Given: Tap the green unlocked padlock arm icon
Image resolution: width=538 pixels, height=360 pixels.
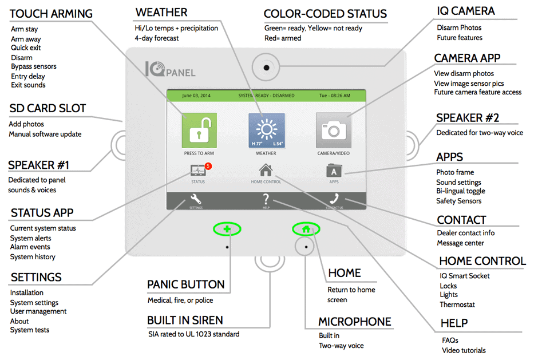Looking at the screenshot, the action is [x=199, y=130].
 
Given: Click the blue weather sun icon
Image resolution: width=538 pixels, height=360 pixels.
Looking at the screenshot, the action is [x=267, y=130].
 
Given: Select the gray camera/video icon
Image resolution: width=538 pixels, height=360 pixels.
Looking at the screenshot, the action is [x=334, y=130].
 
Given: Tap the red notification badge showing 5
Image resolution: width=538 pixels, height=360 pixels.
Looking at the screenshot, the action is [x=208, y=166].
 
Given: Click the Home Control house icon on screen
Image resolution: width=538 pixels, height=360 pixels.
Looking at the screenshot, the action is [x=266, y=171].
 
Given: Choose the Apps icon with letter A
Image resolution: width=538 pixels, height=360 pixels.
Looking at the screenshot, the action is [x=334, y=171].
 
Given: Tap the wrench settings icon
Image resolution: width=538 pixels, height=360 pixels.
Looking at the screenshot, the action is [x=196, y=199].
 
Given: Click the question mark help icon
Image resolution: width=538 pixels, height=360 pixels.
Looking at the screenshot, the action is [x=266, y=199].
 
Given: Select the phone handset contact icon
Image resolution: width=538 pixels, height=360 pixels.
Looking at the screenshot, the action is [x=334, y=199].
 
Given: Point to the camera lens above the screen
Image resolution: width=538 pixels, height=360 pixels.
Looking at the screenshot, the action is [x=266, y=68].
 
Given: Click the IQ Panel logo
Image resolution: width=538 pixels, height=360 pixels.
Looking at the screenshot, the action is [x=170, y=69].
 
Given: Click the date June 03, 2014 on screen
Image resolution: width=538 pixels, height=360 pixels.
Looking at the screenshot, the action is [x=196, y=96].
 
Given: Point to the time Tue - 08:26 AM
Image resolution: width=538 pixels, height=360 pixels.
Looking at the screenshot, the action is [x=335, y=96].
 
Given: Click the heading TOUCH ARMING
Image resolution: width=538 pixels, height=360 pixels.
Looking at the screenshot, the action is [x=51, y=14].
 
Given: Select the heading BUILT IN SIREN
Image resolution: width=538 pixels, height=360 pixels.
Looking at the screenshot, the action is [x=185, y=320].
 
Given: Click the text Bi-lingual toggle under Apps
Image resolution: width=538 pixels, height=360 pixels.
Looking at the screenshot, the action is [x=461, y=191].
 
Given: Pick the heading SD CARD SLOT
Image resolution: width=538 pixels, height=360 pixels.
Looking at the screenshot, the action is [x=48, y=108].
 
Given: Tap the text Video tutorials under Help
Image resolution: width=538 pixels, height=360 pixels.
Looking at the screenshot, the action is [x=464, y=350].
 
